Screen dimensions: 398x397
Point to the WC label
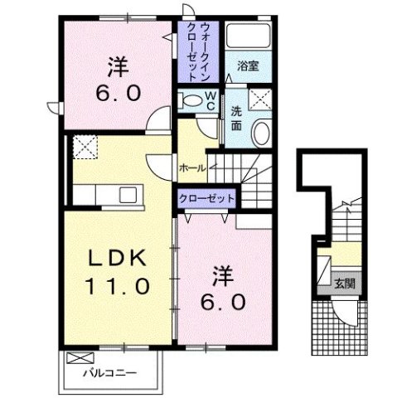coord(211,101)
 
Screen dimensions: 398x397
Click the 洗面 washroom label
coord(236,119)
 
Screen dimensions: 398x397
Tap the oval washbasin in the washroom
coord(261,133)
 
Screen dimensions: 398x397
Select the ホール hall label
coord(192,166)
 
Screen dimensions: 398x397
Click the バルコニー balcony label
coord(109,373)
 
